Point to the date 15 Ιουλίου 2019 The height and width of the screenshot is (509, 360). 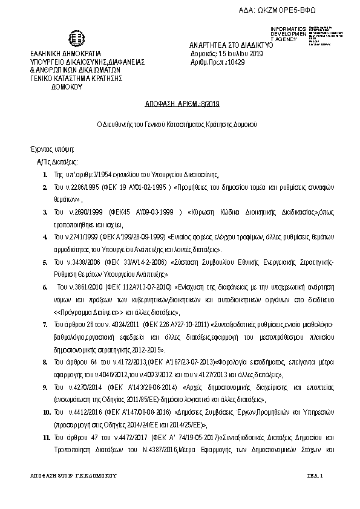pyautogui.click(x=238, y=54)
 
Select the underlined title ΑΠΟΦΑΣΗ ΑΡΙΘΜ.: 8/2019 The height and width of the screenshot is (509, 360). pyautogui.click(x=182, y=105)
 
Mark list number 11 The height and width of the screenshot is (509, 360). pyautogui.click(x=46, y=436)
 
